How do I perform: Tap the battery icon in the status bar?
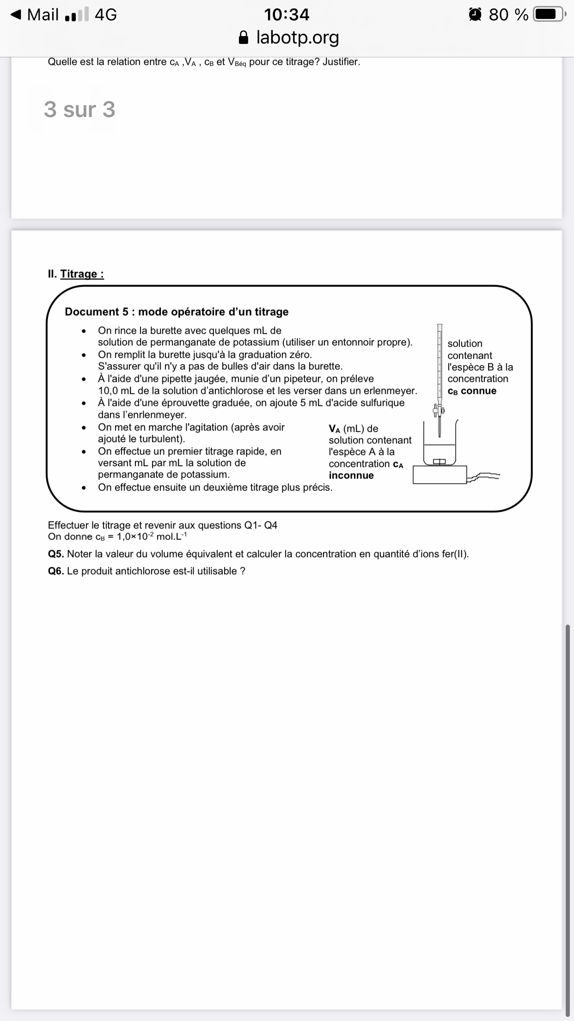coord(548,15)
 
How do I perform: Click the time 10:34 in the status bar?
coord(287,15)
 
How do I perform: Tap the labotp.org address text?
coord(298,37)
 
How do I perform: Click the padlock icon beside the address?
coord(244,37)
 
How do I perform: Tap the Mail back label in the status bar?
coord(43,15)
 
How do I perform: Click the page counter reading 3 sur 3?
coord(79,110)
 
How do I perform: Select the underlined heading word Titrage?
coord(82,274)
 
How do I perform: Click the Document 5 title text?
coord(177,312)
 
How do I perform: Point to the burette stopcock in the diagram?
coord(438,410)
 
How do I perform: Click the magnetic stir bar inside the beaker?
coord(440,461)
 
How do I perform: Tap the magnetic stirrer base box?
coord(440,475)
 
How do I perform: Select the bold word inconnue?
coord(351,475)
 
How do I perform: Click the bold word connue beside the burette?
coord(479,391)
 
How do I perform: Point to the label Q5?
coord(56,554)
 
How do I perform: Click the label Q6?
coord(56,571)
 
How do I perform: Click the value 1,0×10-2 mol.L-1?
coord(152,536)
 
